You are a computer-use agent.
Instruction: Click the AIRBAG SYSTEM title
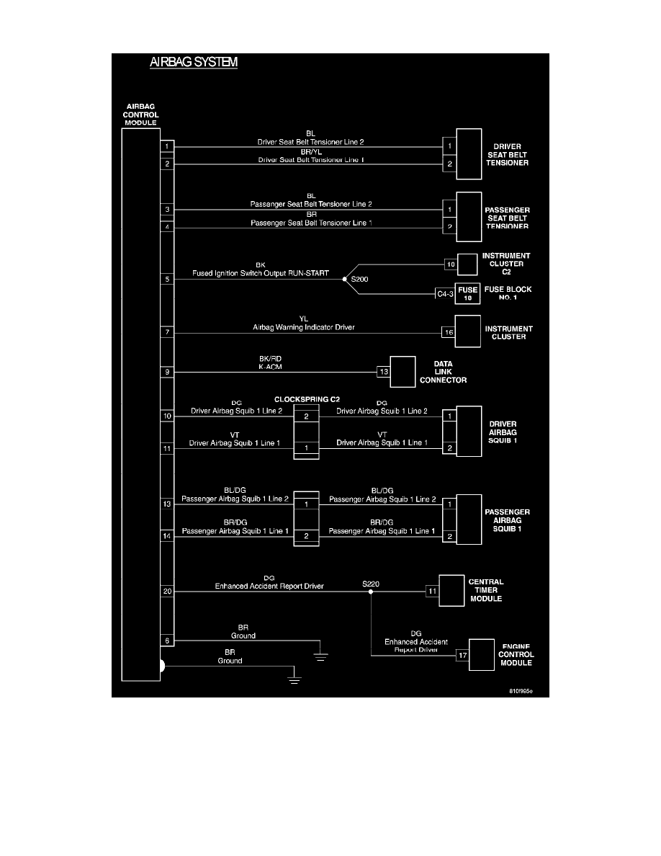point(194,63)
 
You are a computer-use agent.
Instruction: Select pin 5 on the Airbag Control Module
point(167,279)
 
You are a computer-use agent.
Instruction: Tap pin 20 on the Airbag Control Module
point(167,592)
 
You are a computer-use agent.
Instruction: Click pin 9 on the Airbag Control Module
point(167,373)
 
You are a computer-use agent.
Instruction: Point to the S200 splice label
point(359,278)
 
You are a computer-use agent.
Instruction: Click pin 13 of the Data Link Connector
point(384,372)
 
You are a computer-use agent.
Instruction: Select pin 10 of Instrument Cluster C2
point(451,264)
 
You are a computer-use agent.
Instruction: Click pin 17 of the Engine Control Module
point(462,656)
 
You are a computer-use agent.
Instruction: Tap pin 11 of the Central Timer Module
point(432,592)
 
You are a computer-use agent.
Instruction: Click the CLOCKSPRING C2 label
point(306,398)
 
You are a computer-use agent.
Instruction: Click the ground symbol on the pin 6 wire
point(320,656)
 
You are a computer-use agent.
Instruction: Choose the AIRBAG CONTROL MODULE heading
point(141,114)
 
